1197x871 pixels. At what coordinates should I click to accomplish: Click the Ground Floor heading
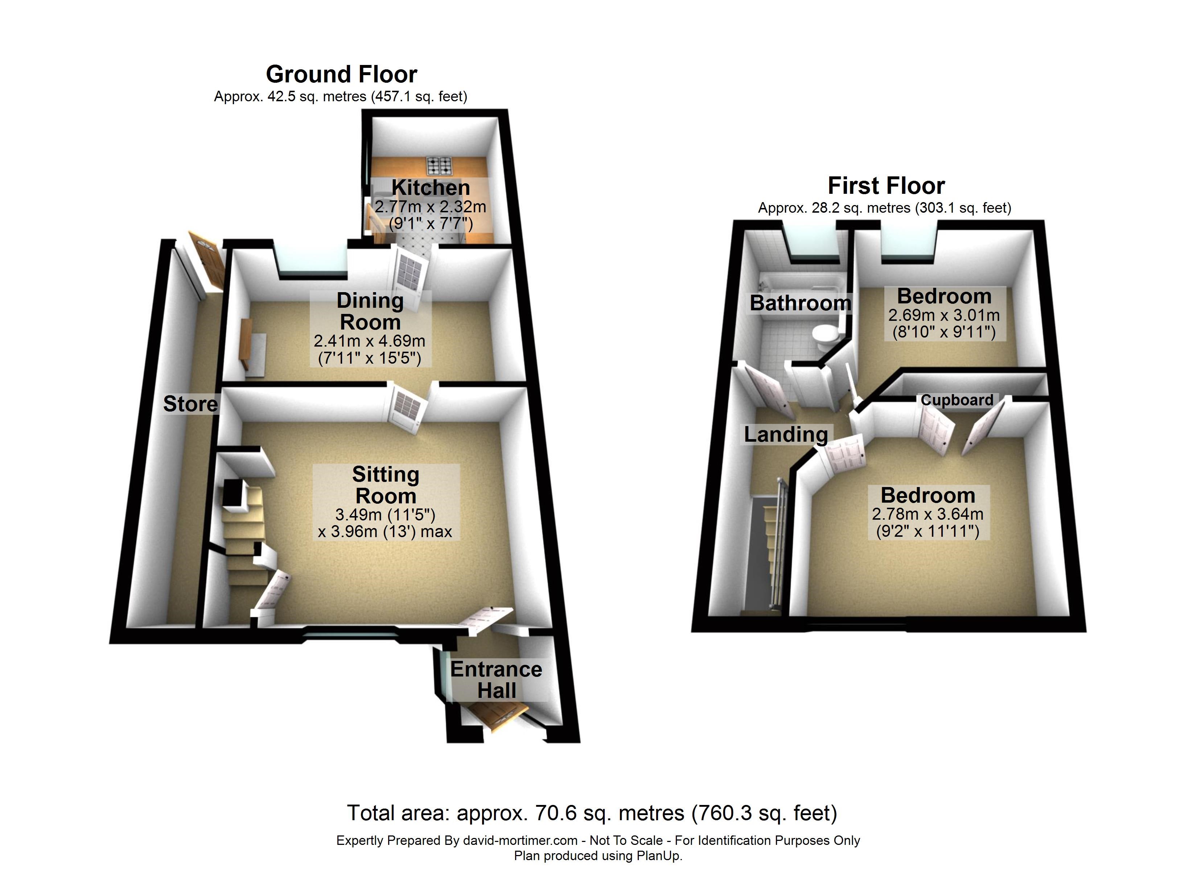point(341,74)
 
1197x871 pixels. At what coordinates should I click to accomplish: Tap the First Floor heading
point(886,186)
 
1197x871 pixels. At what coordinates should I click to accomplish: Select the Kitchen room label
point(430,188)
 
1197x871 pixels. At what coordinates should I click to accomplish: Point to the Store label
point(190,404)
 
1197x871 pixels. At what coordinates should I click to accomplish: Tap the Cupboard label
point(957,400)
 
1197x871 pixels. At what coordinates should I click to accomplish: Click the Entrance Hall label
point(496,680)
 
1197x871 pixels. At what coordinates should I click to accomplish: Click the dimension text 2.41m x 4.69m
point(370,341)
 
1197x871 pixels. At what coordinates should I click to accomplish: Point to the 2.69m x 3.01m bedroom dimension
point(944,315)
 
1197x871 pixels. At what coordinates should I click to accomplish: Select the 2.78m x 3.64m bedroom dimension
point(927,514)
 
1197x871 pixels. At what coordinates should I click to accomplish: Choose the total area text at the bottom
point(592,813)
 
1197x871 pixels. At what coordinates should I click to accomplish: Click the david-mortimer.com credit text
point(598,841)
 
